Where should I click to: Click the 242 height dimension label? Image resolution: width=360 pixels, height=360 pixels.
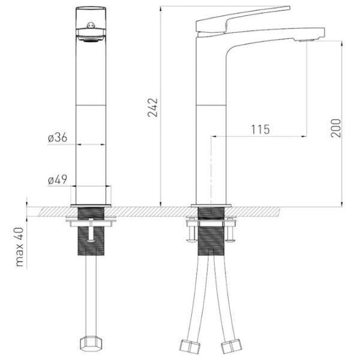point(152,107)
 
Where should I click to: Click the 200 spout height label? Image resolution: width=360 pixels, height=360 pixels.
point(335,128)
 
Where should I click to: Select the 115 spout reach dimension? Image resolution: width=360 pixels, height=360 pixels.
point(260,130)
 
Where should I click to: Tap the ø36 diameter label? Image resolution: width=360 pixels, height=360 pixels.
point(58,137)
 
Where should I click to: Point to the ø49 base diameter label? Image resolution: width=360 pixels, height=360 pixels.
point(58,179)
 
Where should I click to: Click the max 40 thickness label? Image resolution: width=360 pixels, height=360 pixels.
point(20,247)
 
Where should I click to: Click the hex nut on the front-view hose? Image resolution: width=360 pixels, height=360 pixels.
point(91,343)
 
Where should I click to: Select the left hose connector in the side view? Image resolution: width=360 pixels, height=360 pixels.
point(190,346)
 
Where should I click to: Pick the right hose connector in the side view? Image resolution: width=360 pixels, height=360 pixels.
point(231,346)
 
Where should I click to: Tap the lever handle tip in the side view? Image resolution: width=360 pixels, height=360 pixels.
point(289,8)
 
